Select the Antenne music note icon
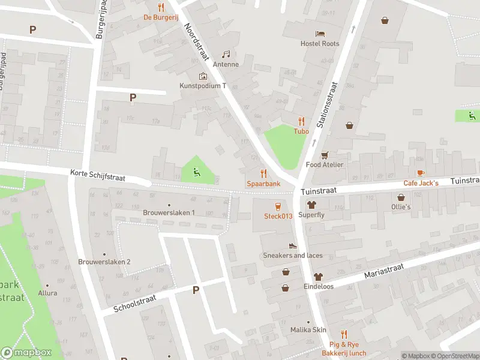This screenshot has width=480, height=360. [x=226, y=54]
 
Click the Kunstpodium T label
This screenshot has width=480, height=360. [x=203, y=86]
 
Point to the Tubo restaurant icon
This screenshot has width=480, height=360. [x=301, y=121]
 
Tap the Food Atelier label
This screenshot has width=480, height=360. [x=325, y=164]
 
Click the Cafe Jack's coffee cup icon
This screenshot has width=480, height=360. [x=421, y=173]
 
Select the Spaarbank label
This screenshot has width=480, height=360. [x=263, y=184]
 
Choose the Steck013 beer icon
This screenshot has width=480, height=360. [x=278, y=205]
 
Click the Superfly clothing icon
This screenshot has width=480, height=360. [x=311, y=205]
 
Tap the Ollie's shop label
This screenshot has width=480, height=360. [x=401, y=207]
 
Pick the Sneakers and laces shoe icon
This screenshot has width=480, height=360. [x=293, y=245]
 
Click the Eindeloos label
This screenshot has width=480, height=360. [x=318, y=287]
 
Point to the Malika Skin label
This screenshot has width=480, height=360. [x=308, y=330]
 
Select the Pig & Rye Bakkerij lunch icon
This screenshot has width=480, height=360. [x=344, y=334]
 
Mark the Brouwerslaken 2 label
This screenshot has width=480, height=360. [x=104, y=262]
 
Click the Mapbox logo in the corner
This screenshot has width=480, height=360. [x=26, y=352]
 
